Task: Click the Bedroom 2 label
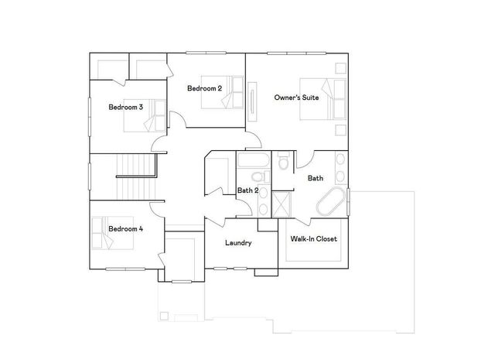click(204, 89)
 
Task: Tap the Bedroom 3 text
click(125, 107)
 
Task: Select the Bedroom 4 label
click(125, 228)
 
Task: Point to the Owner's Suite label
click(295, 98)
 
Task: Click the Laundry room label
click(238, 243)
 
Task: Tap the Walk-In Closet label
click(314, 239)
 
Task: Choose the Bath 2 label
click(247, 190)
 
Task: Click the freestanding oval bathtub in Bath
click(331, 204)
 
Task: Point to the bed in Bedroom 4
click(104, 233)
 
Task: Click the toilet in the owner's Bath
click(283, 163)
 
